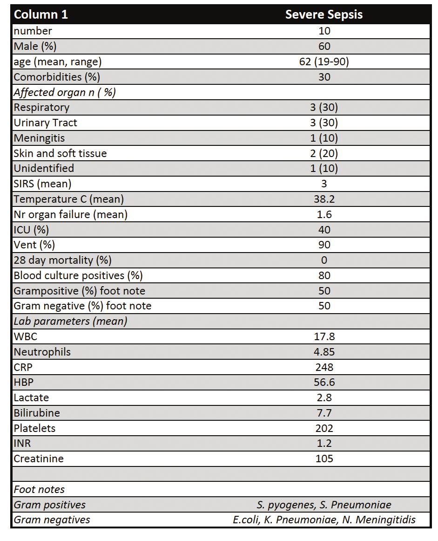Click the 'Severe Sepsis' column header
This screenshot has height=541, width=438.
coord(324,14)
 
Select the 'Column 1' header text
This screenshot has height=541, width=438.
coord(40,14)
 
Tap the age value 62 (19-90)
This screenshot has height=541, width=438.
coord(324,62)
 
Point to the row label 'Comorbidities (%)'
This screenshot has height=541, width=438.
coord(57,77)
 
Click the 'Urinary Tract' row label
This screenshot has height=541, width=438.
coord(46,123)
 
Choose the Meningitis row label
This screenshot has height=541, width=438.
coord(39,138)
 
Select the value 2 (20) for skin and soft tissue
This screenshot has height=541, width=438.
coord(324,153)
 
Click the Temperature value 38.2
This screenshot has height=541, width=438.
coord(324,199)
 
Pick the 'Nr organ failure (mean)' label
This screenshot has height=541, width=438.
coord(71,214)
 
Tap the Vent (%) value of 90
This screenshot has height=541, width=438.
coord(324,245)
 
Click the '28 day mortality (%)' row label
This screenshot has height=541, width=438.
coord(63,260)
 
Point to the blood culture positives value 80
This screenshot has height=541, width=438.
coord(324,275)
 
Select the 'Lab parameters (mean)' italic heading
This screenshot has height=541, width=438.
coord(71,321)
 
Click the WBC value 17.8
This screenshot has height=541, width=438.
coord(324,336)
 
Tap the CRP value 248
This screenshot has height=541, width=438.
coord(324,367)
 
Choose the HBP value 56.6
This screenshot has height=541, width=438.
coord(324,382)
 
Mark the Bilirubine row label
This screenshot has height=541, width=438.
coord(37,413)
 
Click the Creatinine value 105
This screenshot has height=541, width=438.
coord(324,459)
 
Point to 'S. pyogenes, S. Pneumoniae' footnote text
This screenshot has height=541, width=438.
coord(324,505)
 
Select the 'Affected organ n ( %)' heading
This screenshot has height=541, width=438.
coord(65,92)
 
